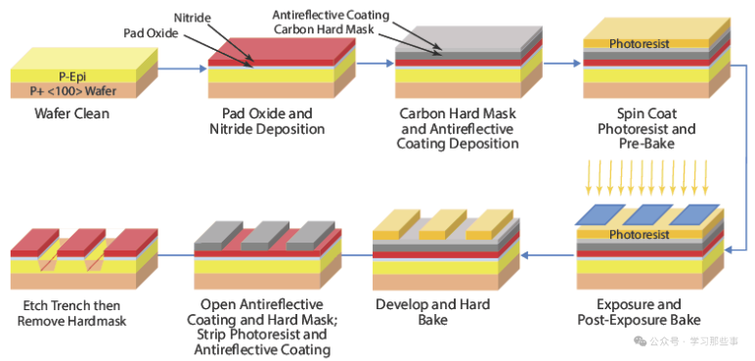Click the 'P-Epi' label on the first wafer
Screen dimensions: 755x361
[72, 76]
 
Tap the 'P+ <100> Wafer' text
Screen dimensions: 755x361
[72, 91]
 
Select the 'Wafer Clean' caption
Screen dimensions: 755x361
[72, 113]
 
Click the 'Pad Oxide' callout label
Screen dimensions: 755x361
[151, 33]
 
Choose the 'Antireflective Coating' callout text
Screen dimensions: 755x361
[331, 16]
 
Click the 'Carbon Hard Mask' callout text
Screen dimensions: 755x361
[324, 29]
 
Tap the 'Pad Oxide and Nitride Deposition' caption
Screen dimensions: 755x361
[267, 121]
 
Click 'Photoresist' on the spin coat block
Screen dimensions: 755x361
[639, 44]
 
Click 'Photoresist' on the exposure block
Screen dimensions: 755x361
[639, 235]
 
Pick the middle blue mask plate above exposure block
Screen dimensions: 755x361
[647, 214]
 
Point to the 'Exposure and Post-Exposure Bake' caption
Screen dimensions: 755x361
[639, 312]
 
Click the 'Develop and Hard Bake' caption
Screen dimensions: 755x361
[433, 312]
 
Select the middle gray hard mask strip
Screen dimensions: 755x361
[264, 236]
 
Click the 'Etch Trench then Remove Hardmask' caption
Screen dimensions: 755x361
[71, 313]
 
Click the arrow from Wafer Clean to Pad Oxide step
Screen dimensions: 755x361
[183, 68]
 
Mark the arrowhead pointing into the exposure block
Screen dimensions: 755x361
[729, 249]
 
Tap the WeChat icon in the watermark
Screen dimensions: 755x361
[640, 341]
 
